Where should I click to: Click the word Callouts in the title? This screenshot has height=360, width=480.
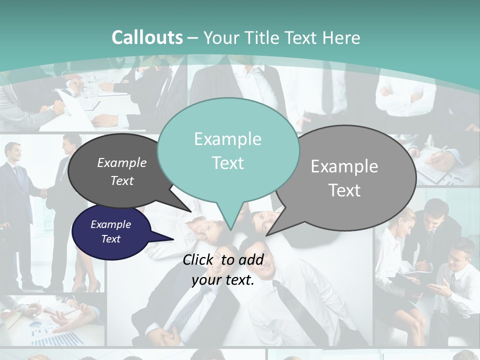147,37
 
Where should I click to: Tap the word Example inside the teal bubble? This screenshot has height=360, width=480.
227,139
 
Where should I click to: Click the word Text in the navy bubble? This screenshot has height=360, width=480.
111,239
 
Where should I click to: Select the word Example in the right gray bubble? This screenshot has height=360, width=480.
344,166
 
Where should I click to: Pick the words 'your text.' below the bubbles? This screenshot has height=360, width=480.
223,280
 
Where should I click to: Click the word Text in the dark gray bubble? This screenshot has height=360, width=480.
121,180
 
